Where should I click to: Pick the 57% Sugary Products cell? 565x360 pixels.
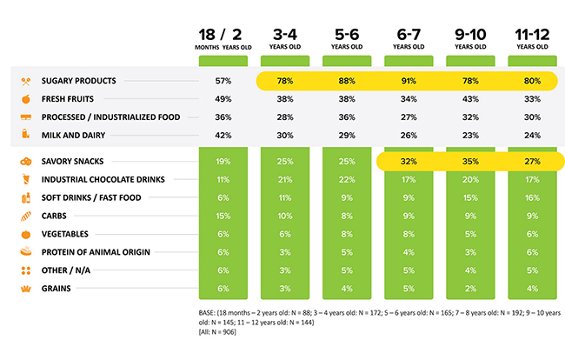(223, 81)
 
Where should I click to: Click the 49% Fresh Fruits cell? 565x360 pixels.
(223, 98)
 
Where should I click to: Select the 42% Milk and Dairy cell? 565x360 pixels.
(223, 135)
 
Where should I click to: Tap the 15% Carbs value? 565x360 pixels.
(223, 216)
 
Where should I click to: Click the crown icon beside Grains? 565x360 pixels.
(25, 288)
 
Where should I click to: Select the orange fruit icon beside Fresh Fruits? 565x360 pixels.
(25, 98)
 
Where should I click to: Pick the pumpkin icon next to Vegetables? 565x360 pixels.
(25, 234)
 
